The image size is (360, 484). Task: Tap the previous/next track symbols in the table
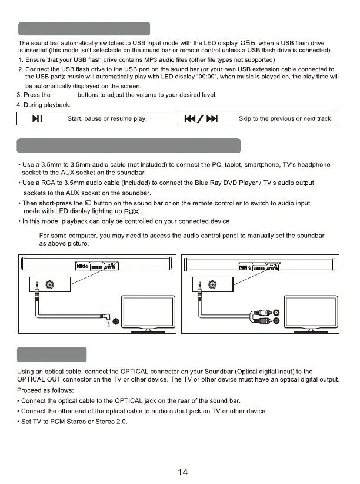(202, 120)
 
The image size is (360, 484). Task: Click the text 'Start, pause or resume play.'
(108, 120)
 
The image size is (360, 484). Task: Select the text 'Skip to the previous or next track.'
(286, 120)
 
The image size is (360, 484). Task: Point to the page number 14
(182, 472)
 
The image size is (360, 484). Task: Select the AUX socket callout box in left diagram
(44, 285)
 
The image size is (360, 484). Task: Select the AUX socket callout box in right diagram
(208, 285)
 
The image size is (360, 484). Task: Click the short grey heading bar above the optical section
(52, 355)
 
